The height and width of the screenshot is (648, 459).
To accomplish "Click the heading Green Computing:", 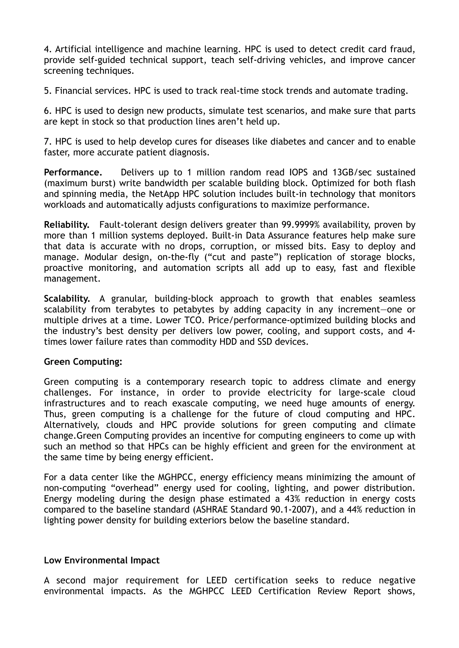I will (x=83, y=362).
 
